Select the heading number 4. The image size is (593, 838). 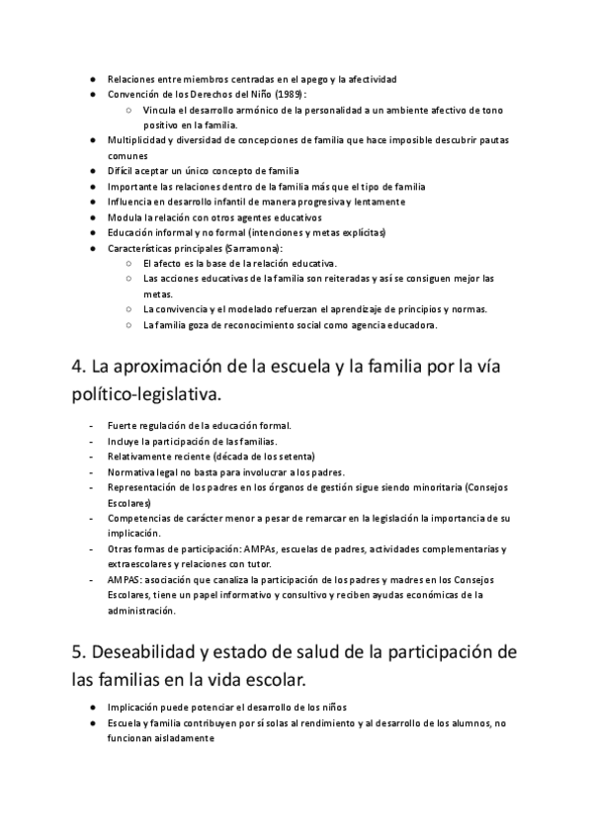[x=78, y=366]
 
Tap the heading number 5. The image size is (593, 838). [x=78, y=655]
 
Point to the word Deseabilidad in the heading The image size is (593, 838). [x=151, y=655]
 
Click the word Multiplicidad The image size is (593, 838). [x=135, y=140]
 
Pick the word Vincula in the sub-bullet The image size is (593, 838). [x=159, y=110]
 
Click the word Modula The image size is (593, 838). [x=123, y=217]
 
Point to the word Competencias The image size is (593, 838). [x=138, y=518]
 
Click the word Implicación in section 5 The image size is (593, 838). [x=133, y=708]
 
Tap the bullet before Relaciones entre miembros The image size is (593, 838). [x=91, y=78]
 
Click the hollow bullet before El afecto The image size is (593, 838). [x=130, y=264]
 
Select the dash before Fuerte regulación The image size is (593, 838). [x=91, y=426]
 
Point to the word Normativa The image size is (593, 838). [x=129, y=472]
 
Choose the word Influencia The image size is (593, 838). [x=130, y=202]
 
